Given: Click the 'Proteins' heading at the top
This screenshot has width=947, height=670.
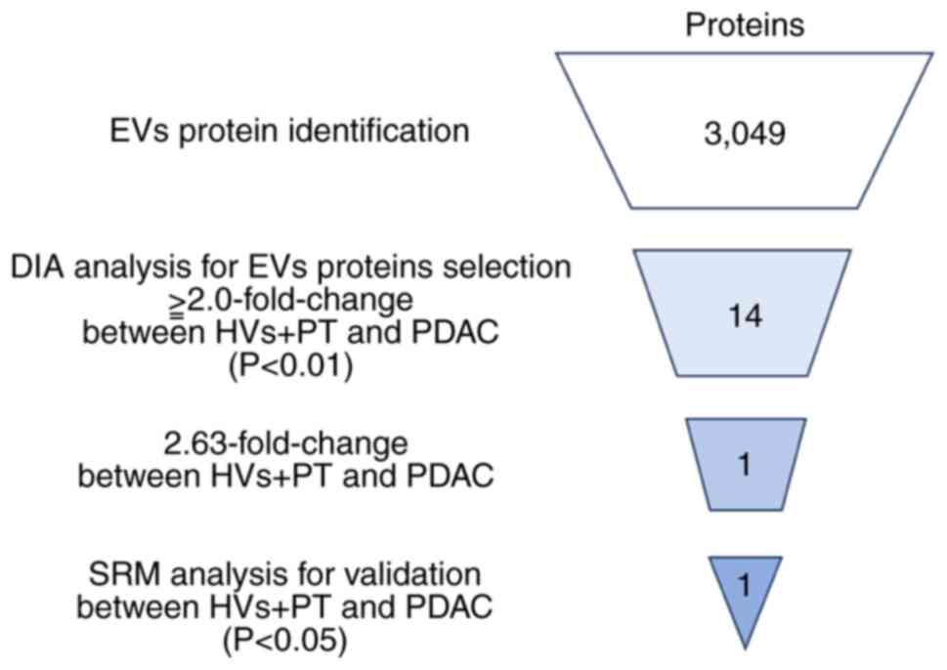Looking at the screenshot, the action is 745,24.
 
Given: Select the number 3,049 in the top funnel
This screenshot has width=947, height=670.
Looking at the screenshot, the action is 744,133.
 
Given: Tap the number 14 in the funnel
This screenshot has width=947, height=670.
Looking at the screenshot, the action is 743,317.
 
